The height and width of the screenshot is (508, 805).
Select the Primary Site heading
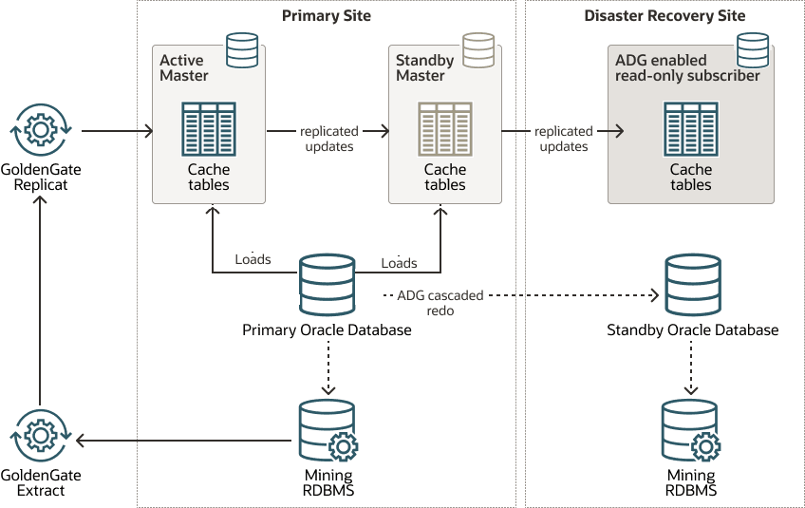click(327, 16)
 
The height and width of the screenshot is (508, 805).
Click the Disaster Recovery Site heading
click(665, 16)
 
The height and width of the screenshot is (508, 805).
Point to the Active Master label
click(184, 68)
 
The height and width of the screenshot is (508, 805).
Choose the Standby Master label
click(424, 68)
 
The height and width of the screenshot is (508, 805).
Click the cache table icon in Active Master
click(208, 127)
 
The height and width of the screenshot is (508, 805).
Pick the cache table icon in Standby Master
click(445, 127)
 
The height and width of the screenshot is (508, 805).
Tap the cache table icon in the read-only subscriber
click(690, 127)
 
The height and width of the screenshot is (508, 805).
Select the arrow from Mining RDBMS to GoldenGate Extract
click(180, 441)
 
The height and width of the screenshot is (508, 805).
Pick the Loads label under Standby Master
click(399, 263)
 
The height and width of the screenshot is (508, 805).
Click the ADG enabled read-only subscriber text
click(687, 68)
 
